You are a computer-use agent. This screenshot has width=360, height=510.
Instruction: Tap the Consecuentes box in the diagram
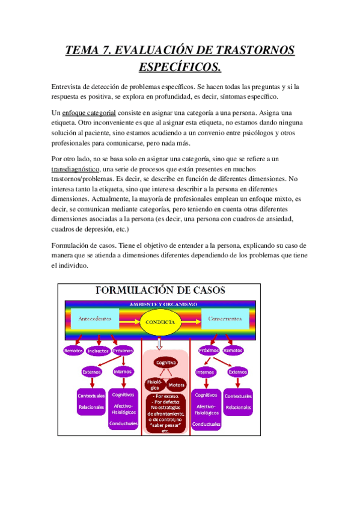click(x=224, y=319)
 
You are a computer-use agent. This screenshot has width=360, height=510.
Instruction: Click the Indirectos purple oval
click(x=99, y=351)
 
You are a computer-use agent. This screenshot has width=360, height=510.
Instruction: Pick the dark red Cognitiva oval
click(x=166, y=363)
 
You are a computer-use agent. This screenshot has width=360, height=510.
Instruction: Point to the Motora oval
click(x=177, y=384)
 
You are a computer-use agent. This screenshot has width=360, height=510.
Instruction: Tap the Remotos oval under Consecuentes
click(x=233, y=350)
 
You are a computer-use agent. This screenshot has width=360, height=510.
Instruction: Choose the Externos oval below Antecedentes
click(x=91, y=372)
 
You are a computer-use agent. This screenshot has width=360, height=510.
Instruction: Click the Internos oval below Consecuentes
click(x=205, y=372)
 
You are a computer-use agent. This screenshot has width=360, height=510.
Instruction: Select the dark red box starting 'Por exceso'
click(x=166, y=413)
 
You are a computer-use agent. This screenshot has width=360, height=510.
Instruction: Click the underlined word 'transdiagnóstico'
click(x=75, y=170)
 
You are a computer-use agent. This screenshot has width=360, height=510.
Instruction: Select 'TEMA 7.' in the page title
click(x=90, y=49)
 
